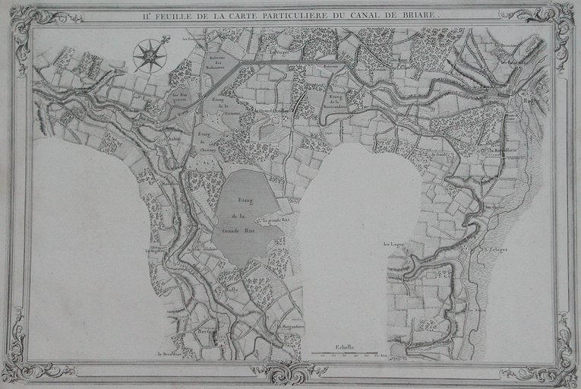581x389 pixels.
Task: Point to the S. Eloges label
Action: click(x=497, y=248)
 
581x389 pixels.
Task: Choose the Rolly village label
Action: click(x=232, y=289)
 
